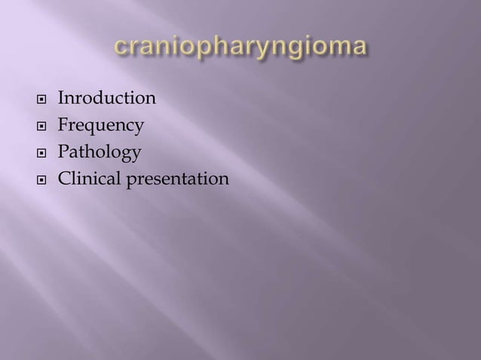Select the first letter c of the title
[x=121, y=47]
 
